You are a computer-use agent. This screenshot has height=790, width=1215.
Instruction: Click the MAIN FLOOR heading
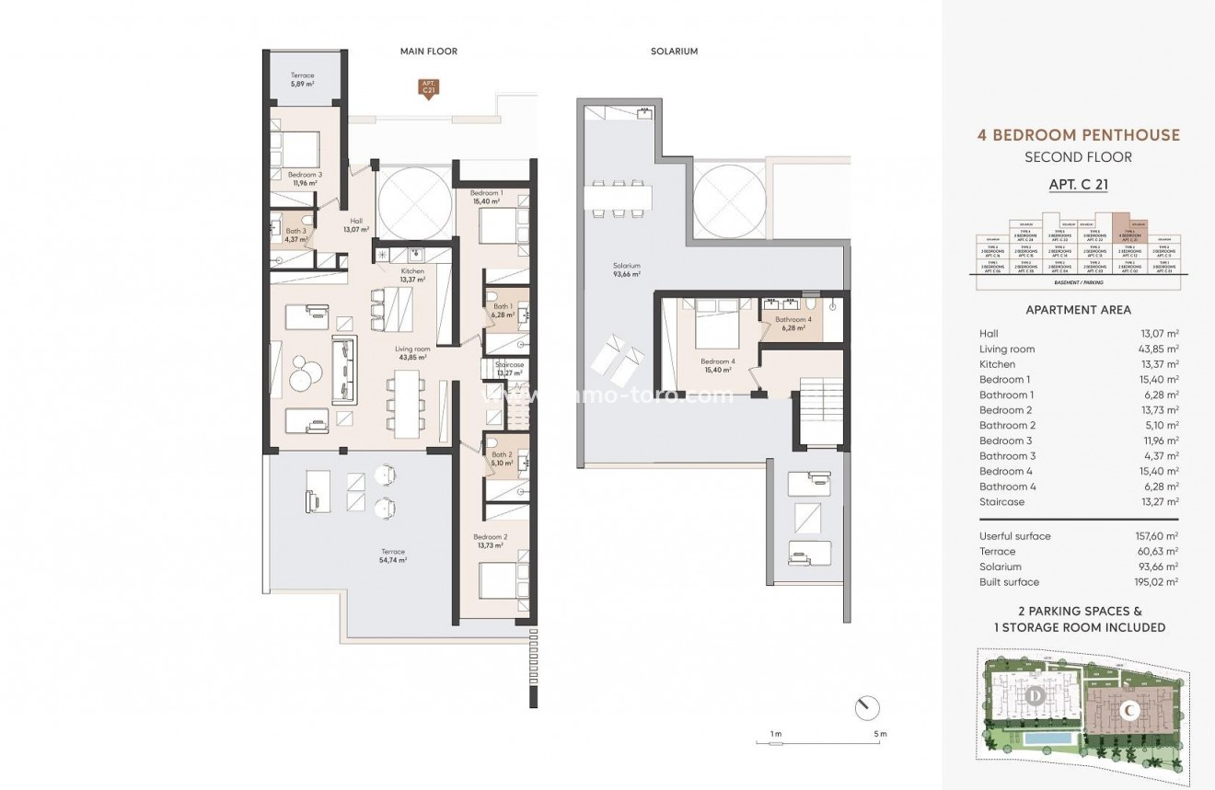[x=428, y=52]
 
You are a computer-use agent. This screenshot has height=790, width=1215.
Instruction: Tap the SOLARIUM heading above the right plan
[x=674, y=52]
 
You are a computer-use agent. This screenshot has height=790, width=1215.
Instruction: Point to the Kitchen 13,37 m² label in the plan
[x=411, y=275]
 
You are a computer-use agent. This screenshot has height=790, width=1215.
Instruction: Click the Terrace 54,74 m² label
[x=391, y=555]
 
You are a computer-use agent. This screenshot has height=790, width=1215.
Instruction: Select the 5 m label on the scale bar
[x=881, y=733]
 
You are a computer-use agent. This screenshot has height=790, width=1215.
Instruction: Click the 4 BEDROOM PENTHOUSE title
[x=1078, y=135]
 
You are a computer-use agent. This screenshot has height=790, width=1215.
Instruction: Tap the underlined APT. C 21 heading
[x=1078, y=184]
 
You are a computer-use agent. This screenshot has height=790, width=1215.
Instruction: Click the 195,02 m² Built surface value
[x=1157, y=582]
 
